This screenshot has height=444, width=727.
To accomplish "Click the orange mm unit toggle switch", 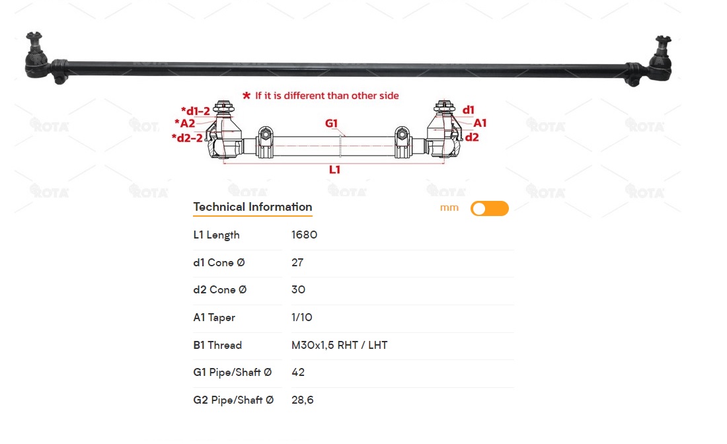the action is point(489,209).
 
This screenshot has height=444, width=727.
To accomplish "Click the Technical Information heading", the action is point(252,207).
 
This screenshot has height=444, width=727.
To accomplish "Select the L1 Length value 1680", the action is point(304,235).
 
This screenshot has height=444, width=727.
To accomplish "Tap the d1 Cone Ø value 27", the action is point(297,262).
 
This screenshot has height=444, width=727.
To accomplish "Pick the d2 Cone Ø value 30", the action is point(298,289).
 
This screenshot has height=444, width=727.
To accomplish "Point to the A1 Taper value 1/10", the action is point(302,318).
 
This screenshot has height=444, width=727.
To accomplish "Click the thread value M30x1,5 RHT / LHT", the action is point(340,346).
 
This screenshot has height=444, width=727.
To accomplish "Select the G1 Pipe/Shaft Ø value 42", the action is point(298,372).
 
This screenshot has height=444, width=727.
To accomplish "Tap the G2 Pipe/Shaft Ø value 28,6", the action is point(302,400).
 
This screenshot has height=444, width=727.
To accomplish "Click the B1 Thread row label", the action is point(217,346).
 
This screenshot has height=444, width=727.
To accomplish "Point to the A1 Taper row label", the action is point(214,318).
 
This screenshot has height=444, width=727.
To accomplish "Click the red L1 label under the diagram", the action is point(335,170).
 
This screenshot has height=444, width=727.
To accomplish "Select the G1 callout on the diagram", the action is point(332,124).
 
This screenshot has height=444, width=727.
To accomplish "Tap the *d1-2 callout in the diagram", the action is point(195,111).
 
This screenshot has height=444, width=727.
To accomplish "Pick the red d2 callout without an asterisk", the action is point(472,137).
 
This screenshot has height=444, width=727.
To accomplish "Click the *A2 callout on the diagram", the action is point(184,124).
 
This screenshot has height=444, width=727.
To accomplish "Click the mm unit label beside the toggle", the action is point(449,208).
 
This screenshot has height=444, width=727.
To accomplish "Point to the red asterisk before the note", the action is point(247,96).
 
